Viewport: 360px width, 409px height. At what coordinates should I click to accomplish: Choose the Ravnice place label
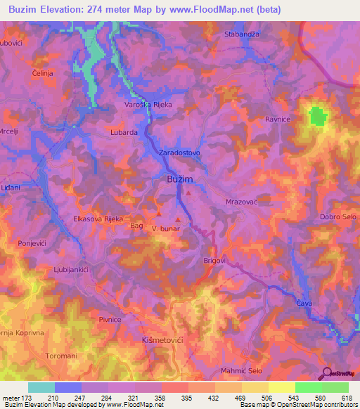(x=278, y=119)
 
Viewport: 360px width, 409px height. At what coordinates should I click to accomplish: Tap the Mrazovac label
(x=242, y=202)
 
